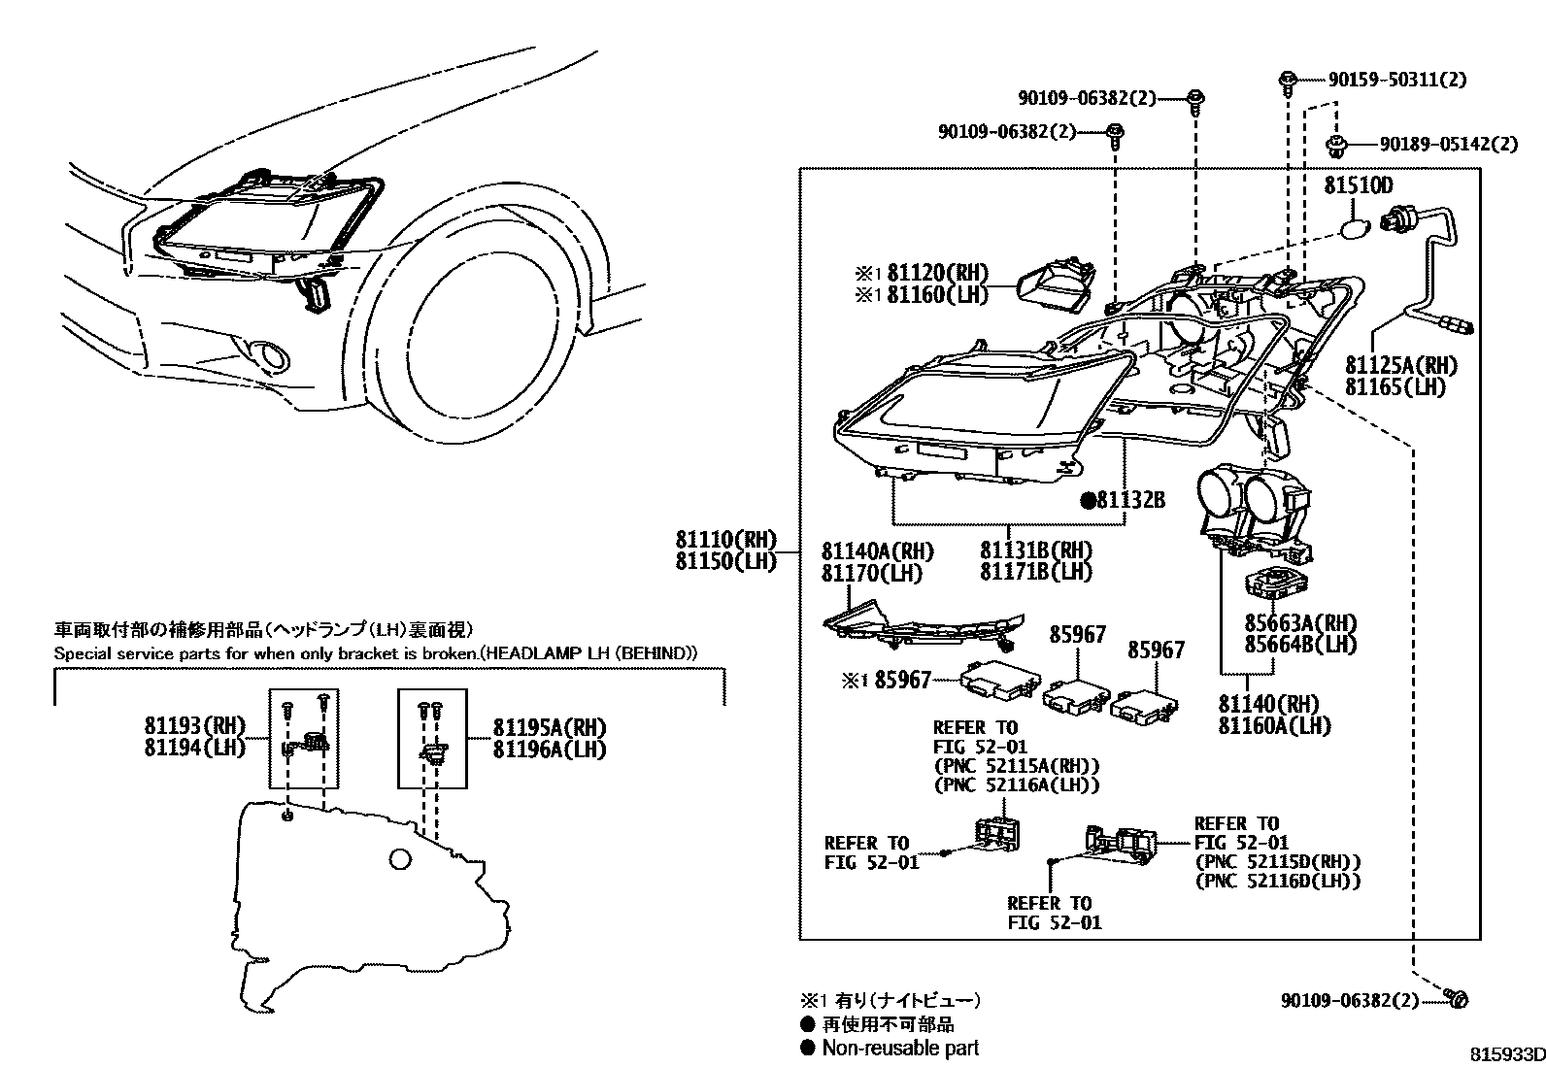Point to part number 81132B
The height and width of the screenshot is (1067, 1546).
[1129, 500]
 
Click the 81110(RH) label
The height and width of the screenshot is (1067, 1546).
[727, 540]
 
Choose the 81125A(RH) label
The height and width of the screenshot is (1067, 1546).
[1401, 365]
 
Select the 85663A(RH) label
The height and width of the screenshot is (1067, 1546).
[1300, 623]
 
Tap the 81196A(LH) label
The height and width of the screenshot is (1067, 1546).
[549, 749]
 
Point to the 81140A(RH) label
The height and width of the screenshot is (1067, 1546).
[877, 551]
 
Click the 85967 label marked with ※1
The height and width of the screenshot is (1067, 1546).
[902, 680]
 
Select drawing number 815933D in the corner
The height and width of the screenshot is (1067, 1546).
[1505, 1054]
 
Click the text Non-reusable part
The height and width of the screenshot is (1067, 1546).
[900, 1048]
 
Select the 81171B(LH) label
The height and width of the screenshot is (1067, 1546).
[1035, 572]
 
